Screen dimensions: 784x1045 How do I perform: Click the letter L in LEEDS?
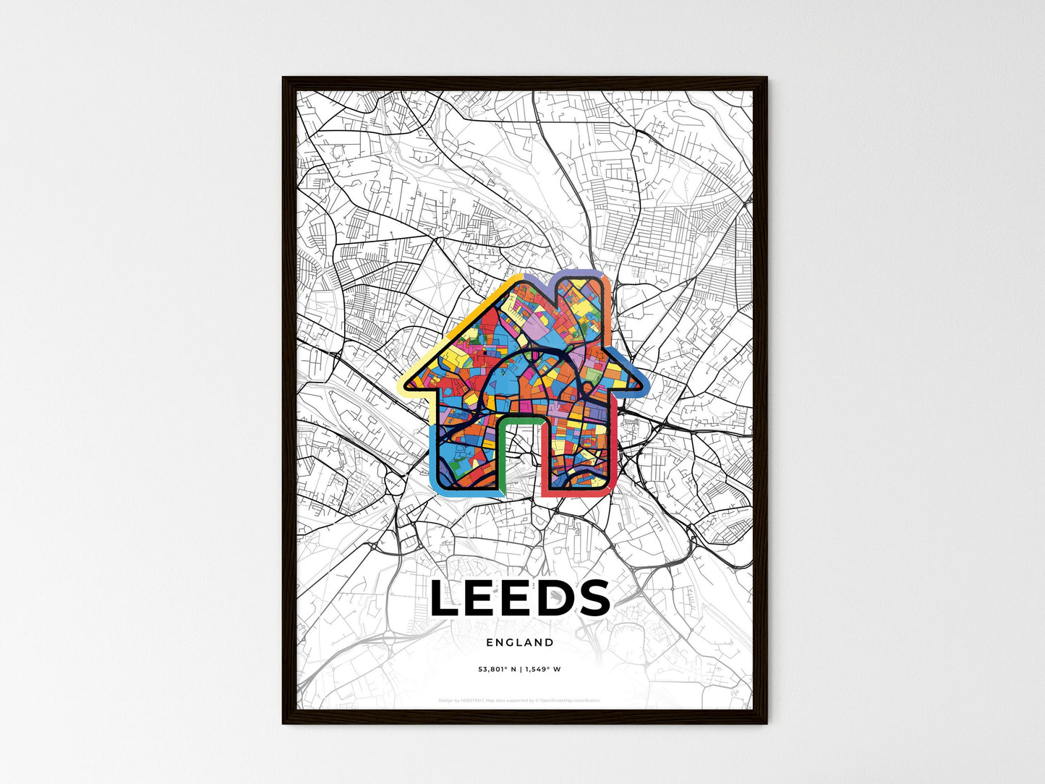click(x=447, y=599)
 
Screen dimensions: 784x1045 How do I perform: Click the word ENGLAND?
click(x=520, y=642)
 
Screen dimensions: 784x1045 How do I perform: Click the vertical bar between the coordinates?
click(x=521, y=669)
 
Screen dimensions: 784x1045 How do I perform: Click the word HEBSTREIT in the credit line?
click(x=471, y=700)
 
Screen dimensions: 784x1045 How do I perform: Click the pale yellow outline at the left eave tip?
click(x=403, y=384)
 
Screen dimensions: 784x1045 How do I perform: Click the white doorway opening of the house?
click(x=520, y=463)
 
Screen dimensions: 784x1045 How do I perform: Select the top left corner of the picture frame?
click(x=283, y=78)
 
